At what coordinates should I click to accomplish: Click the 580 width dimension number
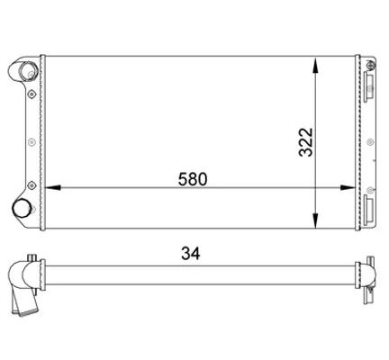coord(193,179)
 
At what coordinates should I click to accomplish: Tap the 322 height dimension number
coord(306,142)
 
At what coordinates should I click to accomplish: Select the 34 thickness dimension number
coord(190,254)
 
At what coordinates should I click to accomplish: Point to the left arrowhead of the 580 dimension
coord(53,188)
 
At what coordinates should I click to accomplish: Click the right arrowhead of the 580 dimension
coord(348,188)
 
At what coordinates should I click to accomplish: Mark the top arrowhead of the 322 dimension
coord(315,66)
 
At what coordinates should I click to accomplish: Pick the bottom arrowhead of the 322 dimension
coord(315,220)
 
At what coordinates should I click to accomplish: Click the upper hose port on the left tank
coord(28,71)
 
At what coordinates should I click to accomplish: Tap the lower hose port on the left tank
coord(21,208)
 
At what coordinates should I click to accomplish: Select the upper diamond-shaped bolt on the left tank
coord(32,94)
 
